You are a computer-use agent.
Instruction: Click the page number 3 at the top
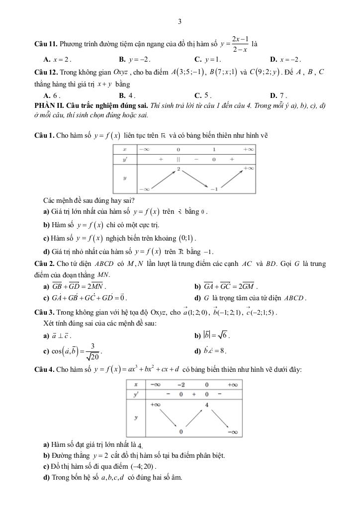click(x=180, y=21)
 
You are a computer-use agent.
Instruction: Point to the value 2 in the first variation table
click(x=178, y=170)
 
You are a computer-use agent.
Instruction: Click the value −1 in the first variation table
click(x=214, y=189)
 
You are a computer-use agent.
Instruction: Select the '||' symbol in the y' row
click(x=178, y=160)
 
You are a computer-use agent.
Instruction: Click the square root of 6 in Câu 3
click(x=221, y=336)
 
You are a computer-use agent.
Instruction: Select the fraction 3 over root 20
click(x=92, y=351)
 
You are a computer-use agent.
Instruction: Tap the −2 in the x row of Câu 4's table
click(x=180, y=384)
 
